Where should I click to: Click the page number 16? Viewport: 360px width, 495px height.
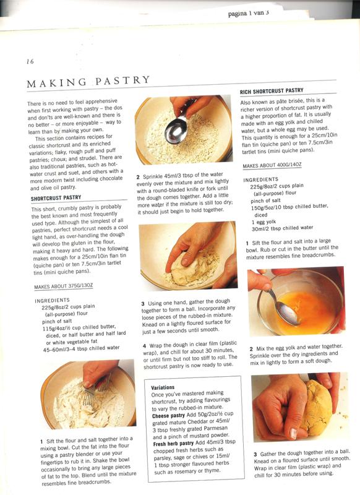30,61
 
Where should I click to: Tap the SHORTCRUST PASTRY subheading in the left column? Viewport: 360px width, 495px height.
56,198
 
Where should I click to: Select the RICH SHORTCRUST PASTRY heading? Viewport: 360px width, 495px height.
272,91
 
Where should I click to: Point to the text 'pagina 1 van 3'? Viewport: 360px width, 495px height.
248,14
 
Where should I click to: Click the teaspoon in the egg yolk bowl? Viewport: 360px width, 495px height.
283,306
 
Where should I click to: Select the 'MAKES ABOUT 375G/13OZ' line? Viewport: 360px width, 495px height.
64,286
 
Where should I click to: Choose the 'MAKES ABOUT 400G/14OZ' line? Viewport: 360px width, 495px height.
272,165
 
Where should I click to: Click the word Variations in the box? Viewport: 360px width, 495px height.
163,387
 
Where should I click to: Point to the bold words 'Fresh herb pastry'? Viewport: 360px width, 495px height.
173,444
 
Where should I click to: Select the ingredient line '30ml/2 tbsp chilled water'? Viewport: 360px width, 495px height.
283,228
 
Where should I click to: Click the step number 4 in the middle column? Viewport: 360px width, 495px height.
144,346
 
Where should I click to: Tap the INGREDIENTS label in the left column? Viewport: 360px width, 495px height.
52,301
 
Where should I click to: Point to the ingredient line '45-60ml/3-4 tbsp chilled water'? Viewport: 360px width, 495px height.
82,348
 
